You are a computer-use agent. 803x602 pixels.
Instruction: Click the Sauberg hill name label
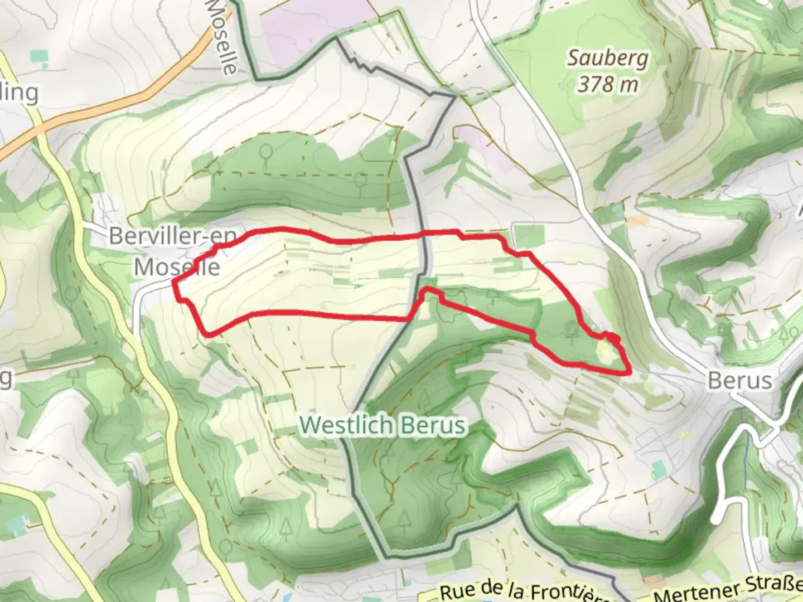point(608,58)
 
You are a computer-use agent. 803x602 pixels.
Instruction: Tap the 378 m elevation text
point(608,85)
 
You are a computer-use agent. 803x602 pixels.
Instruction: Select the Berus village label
point(739,381)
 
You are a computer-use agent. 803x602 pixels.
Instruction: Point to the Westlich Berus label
point(383,425)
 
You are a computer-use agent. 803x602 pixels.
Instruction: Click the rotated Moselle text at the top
point(222,36)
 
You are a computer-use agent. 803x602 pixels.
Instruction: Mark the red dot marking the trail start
point(613,338)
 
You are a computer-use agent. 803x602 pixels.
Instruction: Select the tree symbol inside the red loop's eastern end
point(571,331)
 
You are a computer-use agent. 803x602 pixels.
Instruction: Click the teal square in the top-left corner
point(39,56)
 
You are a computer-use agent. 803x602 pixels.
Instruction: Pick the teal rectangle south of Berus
point(659,470)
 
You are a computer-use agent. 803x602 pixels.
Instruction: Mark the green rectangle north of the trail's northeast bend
point(527,236)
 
